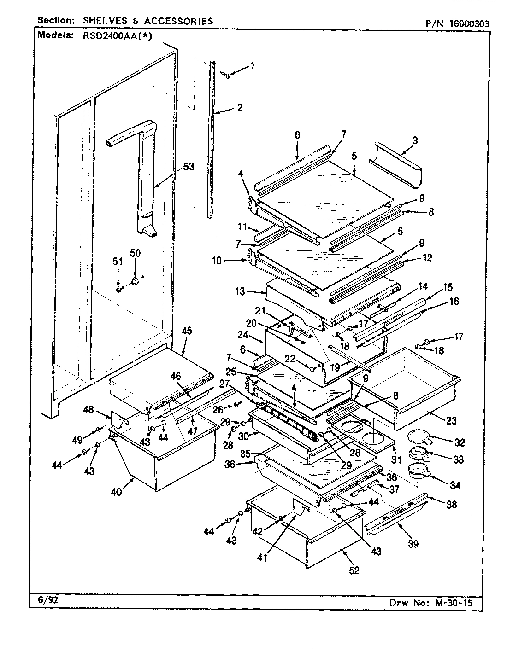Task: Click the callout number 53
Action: pos(189,167)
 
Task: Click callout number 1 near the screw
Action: pos(252,65)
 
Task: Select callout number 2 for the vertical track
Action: pos(239,108)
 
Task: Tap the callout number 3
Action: pos(415,141)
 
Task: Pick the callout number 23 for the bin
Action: pos(451,420)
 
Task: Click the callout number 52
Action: pos(354,570)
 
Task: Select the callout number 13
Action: pos(253,291)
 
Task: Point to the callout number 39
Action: pos(413,544)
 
